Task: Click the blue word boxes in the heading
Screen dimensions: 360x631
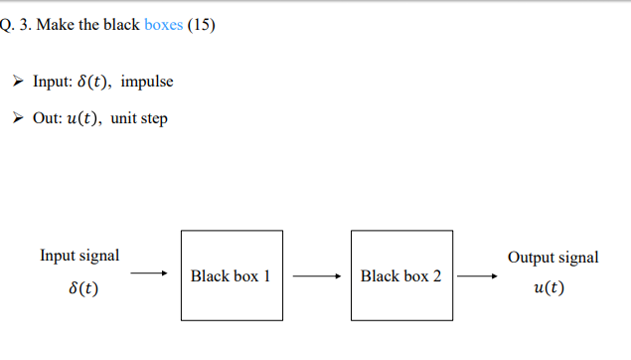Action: (x=164, y=25)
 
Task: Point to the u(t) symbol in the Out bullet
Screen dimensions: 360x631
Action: (x=83, y=118)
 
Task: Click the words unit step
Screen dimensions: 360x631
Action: (x=139, y=118)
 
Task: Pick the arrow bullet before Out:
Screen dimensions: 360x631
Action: (x=18, y=118)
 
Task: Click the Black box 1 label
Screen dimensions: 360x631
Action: (x=231, y=276)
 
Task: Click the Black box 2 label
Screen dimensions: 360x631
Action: (x=400, y=276)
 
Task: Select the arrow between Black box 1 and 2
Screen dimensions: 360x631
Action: (x=317, y=276)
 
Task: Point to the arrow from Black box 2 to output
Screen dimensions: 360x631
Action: (x=485, y=276)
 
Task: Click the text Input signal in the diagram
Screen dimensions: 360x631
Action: (x=79, y=256)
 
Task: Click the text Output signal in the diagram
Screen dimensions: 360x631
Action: (x=553, y=258)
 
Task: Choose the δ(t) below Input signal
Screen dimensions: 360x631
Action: (x=79, y=288)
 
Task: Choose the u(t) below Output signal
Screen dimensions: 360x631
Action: (x=550, y=288)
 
